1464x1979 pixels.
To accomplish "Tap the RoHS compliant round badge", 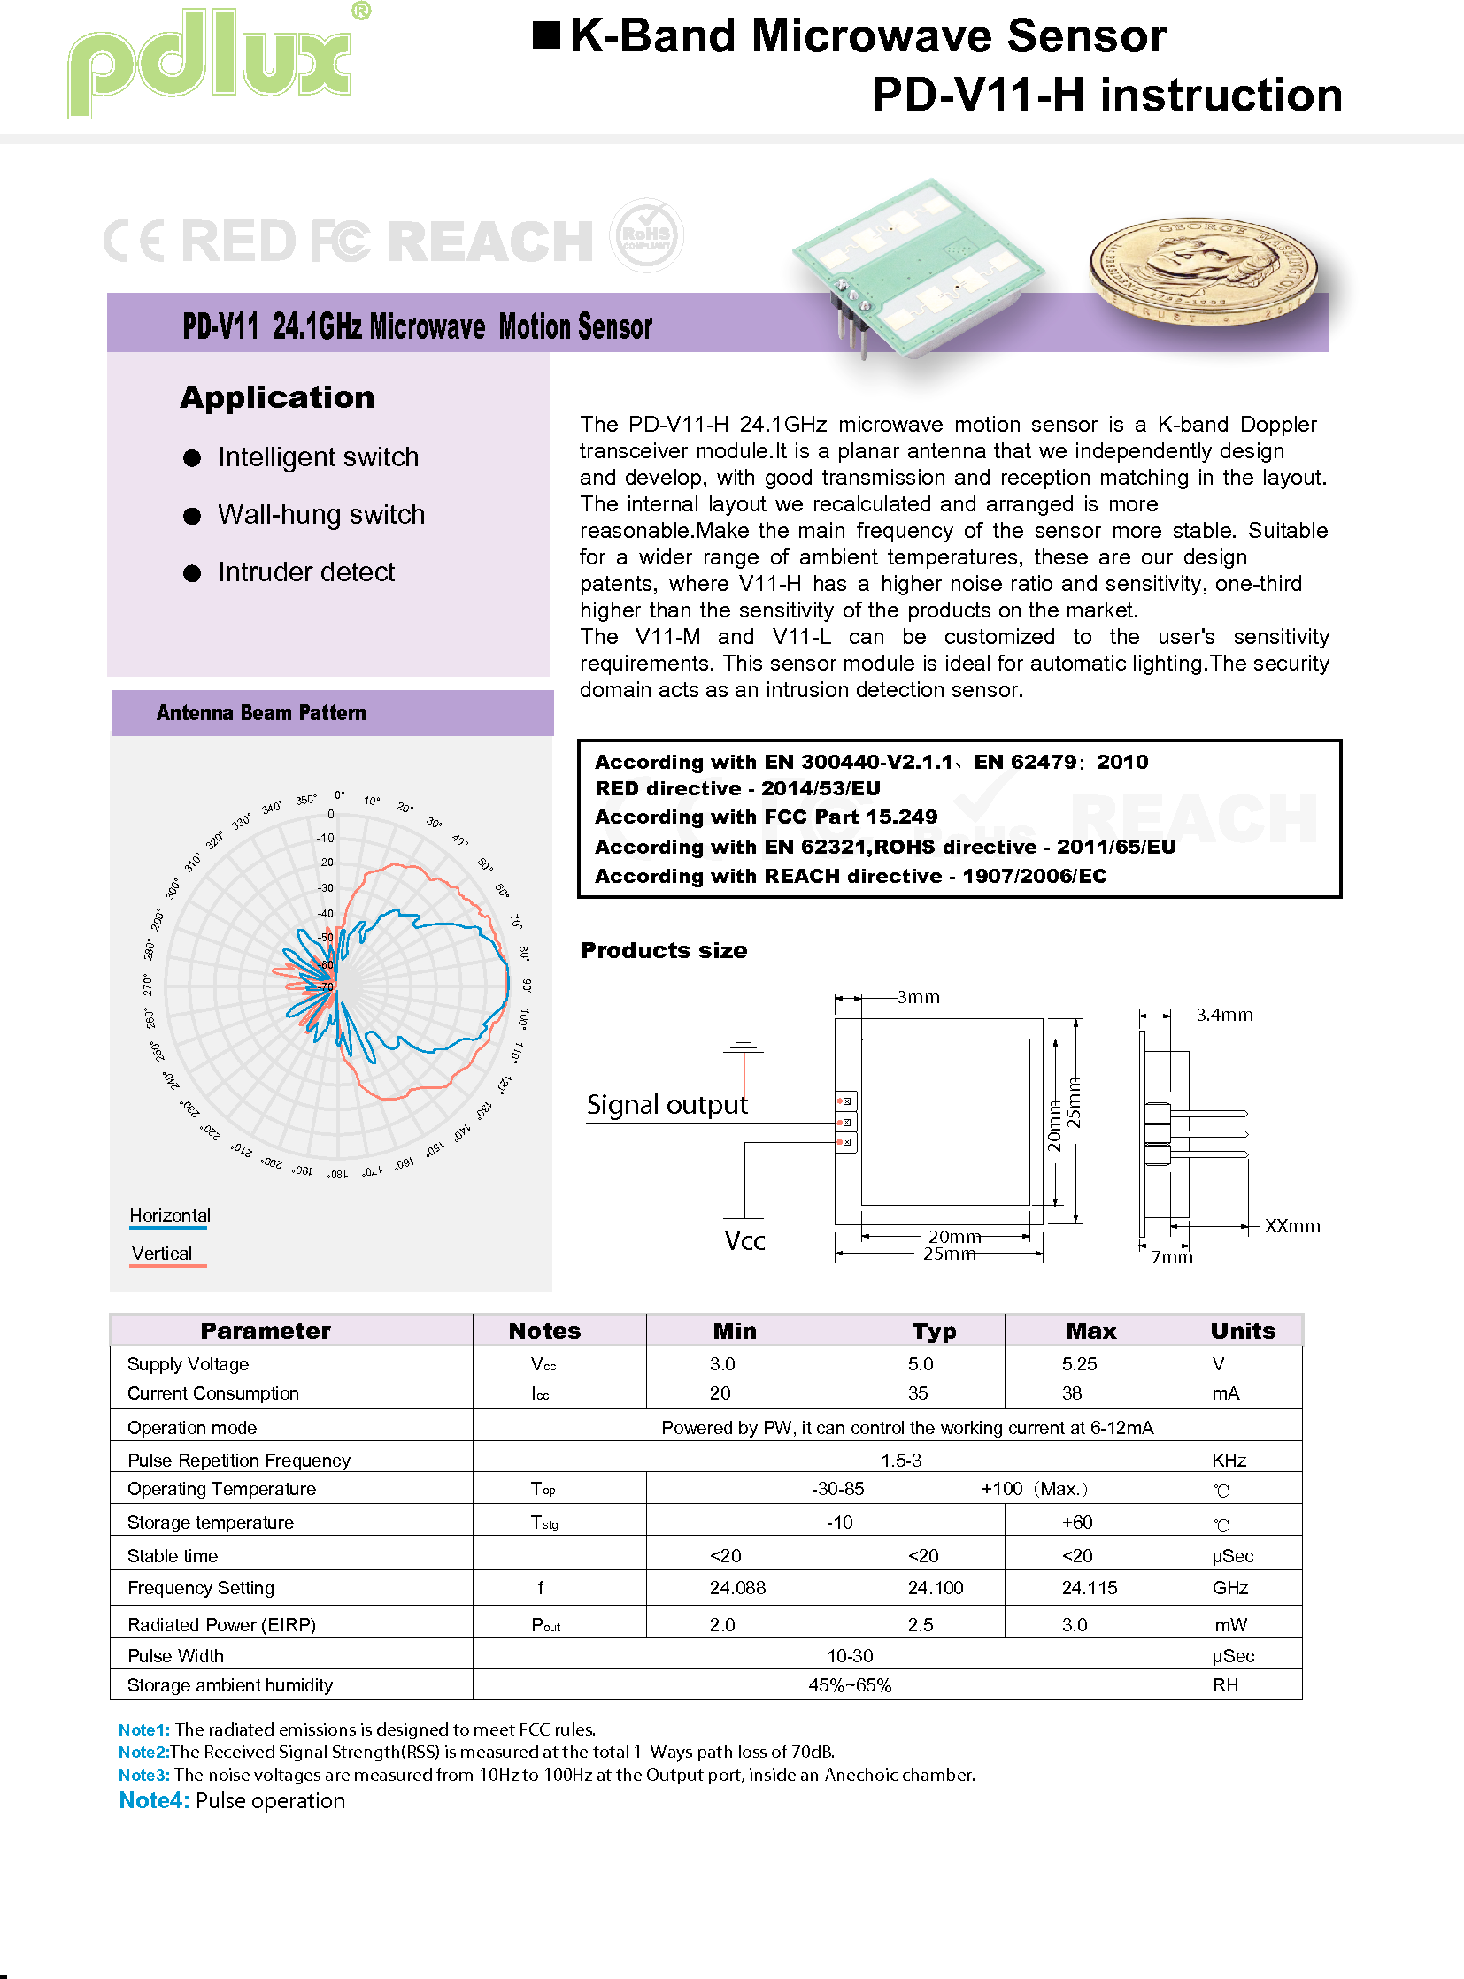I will (x=646, y=235).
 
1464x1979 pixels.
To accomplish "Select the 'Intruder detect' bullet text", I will (x=305, y=572).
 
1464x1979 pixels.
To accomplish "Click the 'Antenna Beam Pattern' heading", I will (x=260, y=713).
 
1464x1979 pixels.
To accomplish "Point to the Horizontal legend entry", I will (x=169, y=1216).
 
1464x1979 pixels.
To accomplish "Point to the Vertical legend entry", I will (x=161, y=1254).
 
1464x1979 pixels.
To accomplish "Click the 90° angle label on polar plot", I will (x=527, y=985).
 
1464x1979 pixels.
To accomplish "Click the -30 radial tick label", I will (x=325, y=887).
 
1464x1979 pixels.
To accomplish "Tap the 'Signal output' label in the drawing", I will (x=667, y=1105).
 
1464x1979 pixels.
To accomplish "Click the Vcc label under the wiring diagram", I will (x=744, y=1240).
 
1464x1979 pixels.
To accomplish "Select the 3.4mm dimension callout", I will (x=1224, y=1016).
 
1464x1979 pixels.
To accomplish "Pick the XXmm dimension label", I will (x=1291, y=1226).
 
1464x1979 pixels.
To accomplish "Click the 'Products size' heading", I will (x=663, y=950).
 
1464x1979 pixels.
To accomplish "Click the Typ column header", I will (x=934, y=1331).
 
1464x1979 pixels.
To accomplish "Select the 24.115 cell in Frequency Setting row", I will (x=1089, y=1587).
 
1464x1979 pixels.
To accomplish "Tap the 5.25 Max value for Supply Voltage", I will (x=1078, y=1363).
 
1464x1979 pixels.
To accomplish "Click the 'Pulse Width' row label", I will (x=175, y=1656).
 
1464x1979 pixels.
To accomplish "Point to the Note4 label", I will (x=153, y=1800).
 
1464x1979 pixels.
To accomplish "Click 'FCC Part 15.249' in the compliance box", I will (x=850, y=817).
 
